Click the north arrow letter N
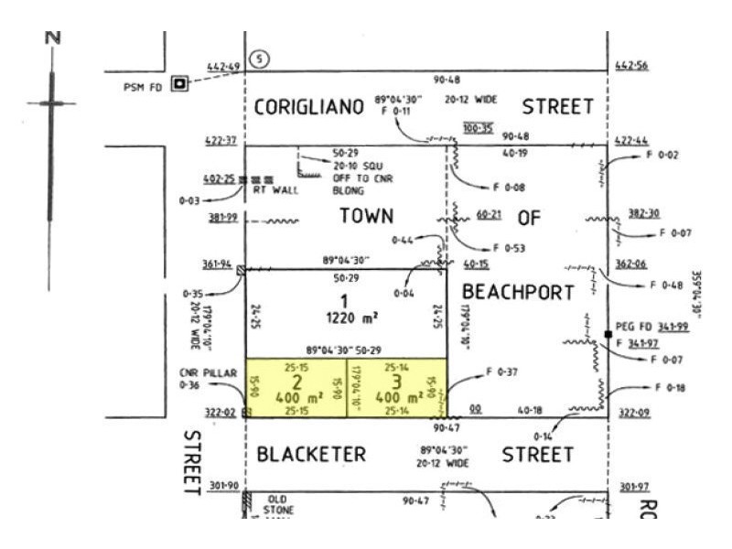pyautogui.click(x=53, y=38)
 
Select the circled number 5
pyautogui.click(x=263, y=59)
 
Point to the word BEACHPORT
pyautogui.click(x=517, y=292)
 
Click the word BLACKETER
pyautogui.click(x=311, y=455)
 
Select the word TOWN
pyautogui.click(x=366, y=216)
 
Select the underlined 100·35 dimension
pyautogui.click(x=479, y=128)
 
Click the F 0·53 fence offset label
pyautogui.click(x=508, y=247)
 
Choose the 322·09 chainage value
pyautogui.click(x=633, y=413)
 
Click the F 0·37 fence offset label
pyautogui.click(x=503, y=371)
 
